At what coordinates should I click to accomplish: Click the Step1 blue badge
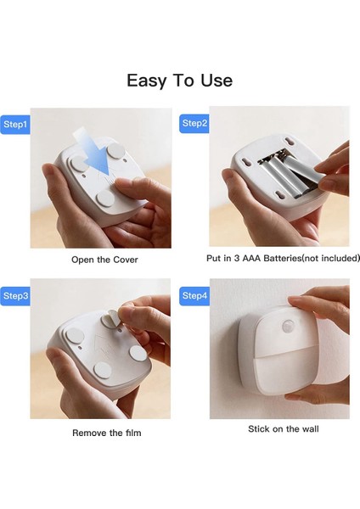coord(15,125)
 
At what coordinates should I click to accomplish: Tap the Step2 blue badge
coord(194,123)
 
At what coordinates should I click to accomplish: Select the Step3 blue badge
coord(15,296)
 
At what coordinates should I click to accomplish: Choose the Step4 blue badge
coord(194,296)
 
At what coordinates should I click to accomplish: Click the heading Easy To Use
coord(180,81)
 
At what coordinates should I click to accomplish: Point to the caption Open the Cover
coord(104,260)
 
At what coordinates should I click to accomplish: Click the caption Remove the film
coord(107,433)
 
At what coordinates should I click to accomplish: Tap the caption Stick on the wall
coord(284,428)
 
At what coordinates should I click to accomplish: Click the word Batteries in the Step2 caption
coord(283,258)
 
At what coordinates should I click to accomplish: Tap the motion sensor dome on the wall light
coord(289,326)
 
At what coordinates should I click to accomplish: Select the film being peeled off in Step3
coord(110,317)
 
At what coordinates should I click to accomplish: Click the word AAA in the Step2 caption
coord(251,259)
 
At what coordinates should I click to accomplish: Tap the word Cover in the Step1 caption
coord(126,260)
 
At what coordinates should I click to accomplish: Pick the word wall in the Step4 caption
coord(310,428)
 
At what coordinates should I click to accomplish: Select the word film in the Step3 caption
coord(133,433)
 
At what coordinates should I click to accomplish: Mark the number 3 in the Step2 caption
coord(237,259)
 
